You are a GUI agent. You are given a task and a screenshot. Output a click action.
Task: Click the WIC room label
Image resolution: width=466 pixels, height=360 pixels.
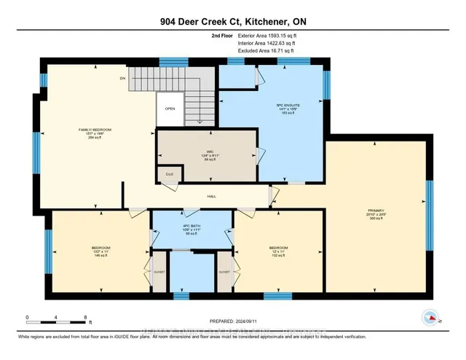[x=208, y=154]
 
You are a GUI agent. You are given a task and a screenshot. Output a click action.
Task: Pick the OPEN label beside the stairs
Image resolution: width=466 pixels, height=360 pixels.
[x=169, y=109]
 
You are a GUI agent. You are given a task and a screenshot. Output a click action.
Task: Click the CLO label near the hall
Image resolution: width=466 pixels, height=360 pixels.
[x=169, y=175]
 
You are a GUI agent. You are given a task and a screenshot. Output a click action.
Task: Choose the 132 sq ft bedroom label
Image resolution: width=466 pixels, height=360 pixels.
[x=279, y=251]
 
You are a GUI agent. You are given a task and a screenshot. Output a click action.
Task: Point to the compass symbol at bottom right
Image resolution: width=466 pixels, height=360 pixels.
[x=430, y=317]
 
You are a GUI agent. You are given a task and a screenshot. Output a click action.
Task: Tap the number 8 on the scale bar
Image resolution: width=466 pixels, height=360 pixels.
[x=86, y=318]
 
